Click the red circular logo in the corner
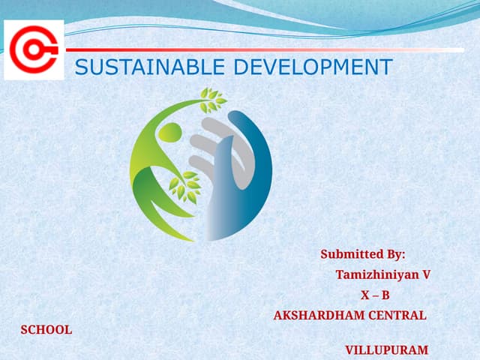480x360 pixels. coord(34,50)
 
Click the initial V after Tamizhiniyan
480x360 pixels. coord(426,274)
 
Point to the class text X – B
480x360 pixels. coord(376,295)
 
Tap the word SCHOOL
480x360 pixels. coord(46,329)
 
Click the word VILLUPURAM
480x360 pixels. coord(386,349)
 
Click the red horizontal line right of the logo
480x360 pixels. coord(225,49)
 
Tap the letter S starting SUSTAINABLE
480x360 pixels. coord(82,67)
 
